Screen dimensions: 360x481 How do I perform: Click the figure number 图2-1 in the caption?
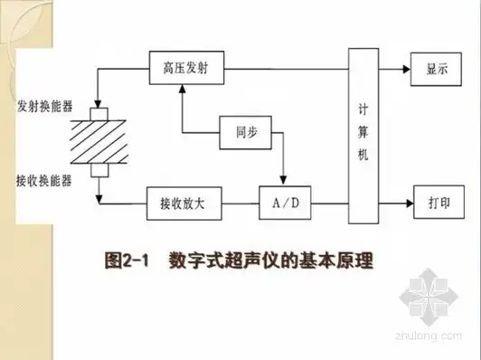pos(127,261)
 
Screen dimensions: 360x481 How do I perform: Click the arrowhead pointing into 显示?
pos(407,68)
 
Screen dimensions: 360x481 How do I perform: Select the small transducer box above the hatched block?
pos(98,113)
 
